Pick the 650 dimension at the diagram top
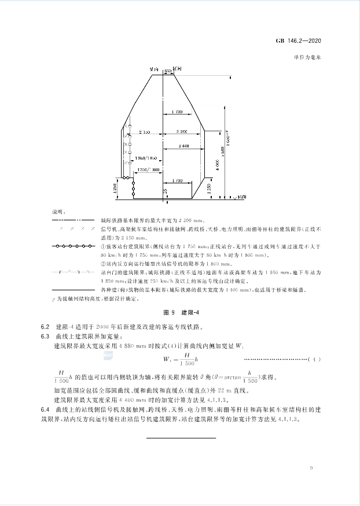tap(168, 70)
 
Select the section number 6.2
tap(45, 327)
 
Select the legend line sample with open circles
tap(72, 246)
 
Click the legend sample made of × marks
tap(72, 230)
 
